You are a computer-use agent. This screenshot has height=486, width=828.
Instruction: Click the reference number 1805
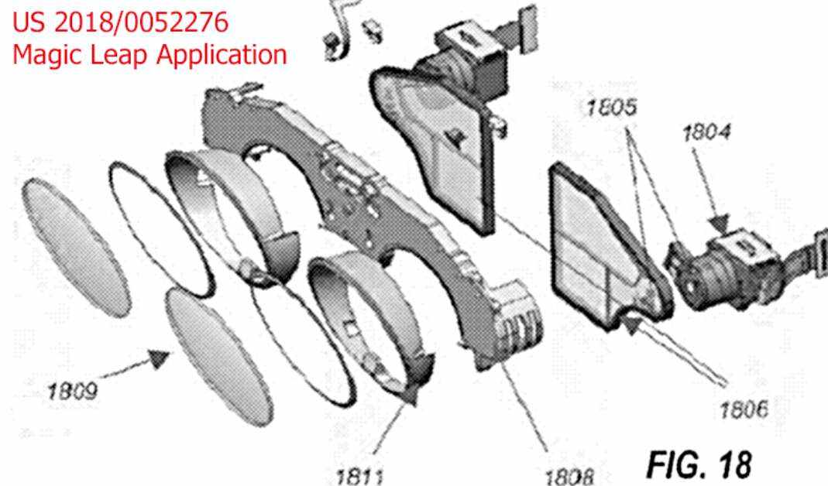point(611,108)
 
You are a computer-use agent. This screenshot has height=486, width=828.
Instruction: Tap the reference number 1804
point(706,132)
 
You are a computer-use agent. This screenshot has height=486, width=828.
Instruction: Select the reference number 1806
point(744,409)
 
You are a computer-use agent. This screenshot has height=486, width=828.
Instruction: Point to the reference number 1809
point(72,392)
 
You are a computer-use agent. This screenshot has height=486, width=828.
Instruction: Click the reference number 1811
point(359,476)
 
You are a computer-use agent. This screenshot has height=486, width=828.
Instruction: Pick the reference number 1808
point(569,477)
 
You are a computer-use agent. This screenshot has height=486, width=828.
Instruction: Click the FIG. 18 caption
point(699,464)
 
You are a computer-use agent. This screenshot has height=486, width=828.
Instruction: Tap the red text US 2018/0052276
point(120,22)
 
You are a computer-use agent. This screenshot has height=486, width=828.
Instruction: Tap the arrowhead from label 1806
point(630,324)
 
